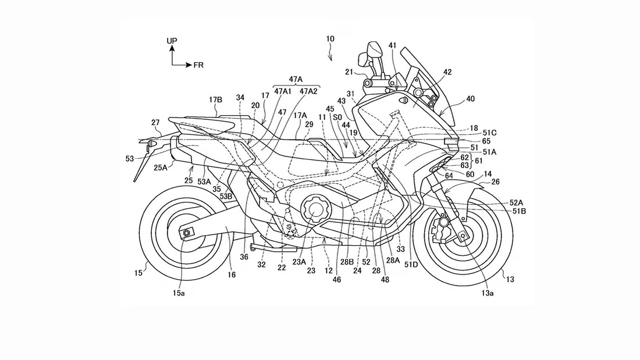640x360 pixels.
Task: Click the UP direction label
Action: coord(172,41)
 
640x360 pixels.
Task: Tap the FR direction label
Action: coord(198,65)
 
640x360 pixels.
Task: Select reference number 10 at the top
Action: coord(330,39)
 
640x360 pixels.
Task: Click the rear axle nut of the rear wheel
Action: coord(187,233)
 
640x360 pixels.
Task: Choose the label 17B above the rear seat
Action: coord(215,99)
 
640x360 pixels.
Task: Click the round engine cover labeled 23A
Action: coord(314,209)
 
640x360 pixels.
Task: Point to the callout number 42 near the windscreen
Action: coord(447,72)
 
